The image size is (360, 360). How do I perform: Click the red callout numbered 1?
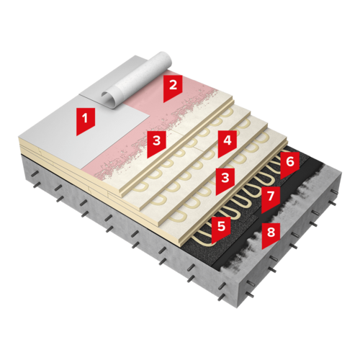86,121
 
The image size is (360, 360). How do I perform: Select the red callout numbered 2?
173,89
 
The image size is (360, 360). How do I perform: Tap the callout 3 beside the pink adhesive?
156,143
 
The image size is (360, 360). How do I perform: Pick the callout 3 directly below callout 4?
225,181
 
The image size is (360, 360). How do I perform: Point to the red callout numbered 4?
228,143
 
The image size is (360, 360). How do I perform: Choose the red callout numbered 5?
221,230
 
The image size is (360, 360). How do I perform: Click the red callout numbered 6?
290,165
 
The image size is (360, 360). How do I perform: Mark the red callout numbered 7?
271,199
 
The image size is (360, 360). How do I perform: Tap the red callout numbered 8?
271,235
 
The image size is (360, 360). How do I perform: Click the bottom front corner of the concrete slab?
237,308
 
